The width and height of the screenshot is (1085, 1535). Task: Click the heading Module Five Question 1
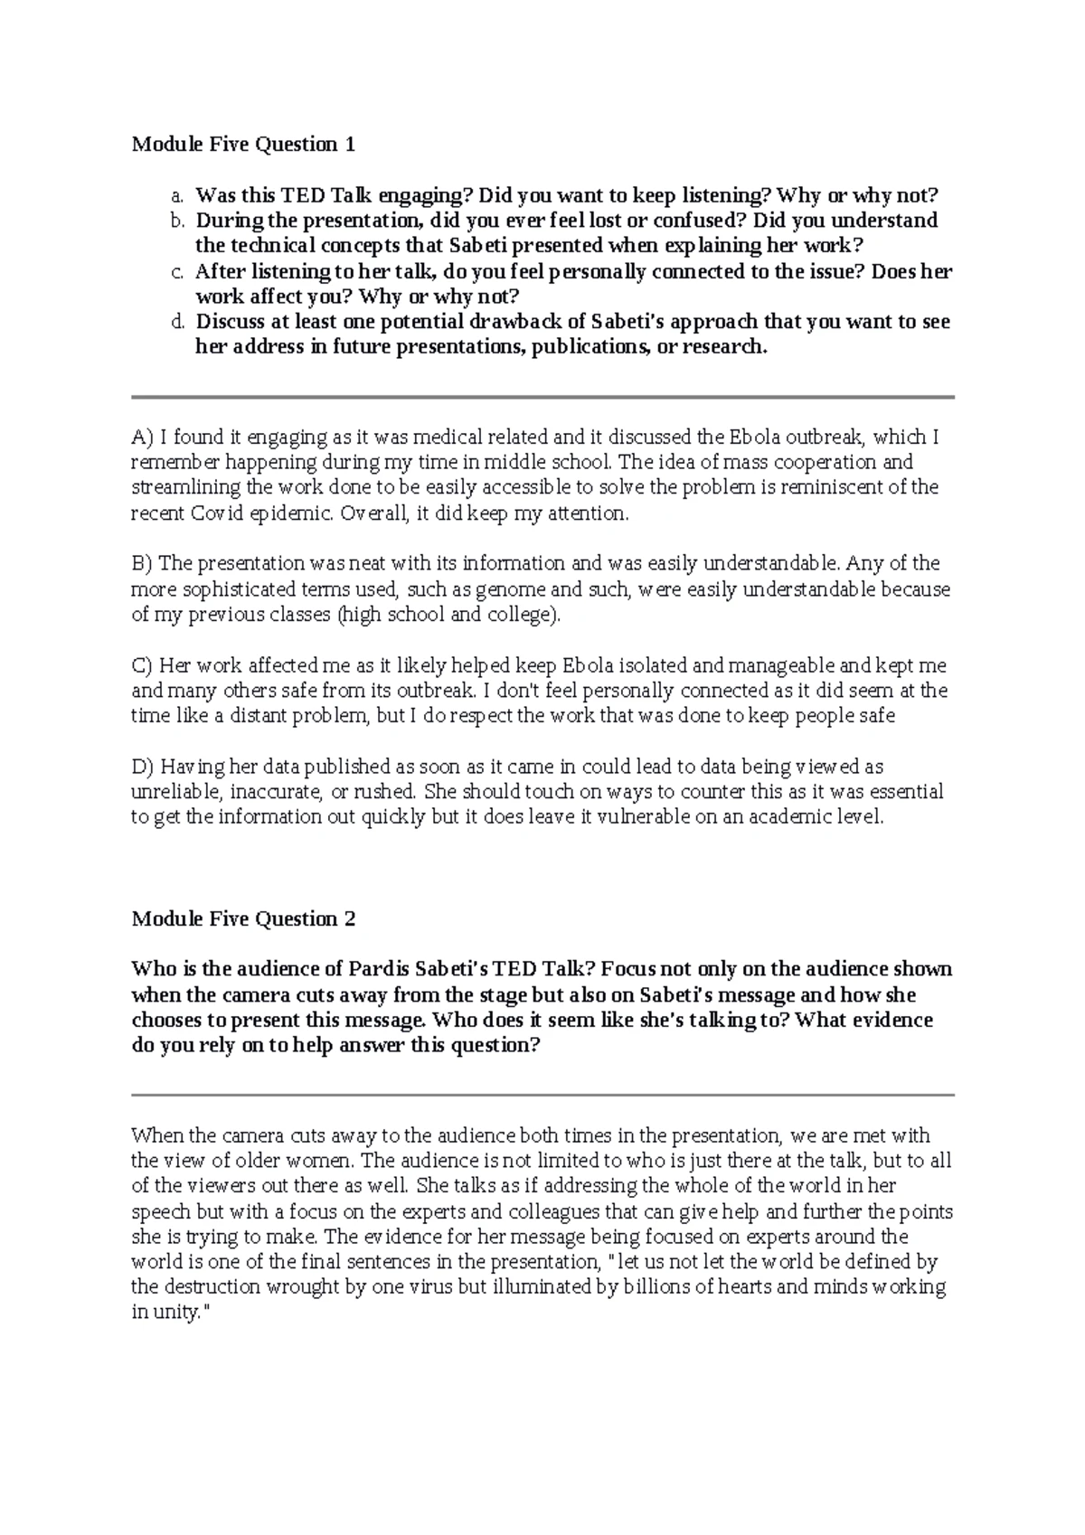pos(243,144)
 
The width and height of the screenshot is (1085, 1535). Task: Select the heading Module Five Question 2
pos(243,918)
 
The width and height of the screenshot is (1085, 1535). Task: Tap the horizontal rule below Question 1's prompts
pos(542,397)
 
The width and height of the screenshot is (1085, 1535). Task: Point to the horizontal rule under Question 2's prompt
pos(542,1095)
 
